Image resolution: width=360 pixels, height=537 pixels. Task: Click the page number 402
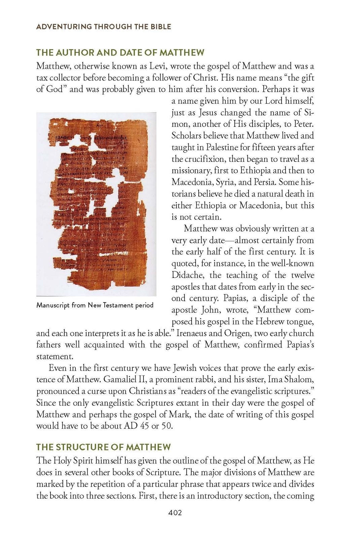click(175, 513)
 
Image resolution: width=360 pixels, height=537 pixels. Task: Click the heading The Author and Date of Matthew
click(120, 52)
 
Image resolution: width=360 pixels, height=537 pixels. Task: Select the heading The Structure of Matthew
click(103, 447)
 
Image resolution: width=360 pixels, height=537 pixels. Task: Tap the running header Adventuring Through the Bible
click(103, 27)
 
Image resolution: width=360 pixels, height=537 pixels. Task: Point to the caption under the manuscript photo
click(95, 305)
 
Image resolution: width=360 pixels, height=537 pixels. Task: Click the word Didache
click(187, 275)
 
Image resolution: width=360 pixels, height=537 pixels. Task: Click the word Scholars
click(188, 136)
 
